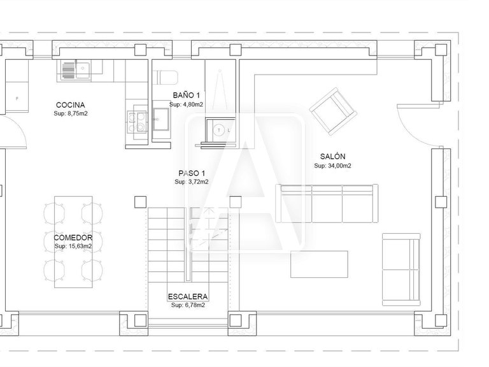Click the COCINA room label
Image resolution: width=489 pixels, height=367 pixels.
[70, 105]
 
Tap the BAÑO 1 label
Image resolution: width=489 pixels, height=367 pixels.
[186, 96]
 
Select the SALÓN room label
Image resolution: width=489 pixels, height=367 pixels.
[333, 157]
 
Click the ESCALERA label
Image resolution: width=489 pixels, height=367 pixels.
[188, 296]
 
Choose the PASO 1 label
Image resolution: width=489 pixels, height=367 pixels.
[191, 173]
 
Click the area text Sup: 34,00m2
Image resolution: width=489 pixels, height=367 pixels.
[333, 166]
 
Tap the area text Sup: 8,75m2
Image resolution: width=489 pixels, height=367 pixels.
[70, 114]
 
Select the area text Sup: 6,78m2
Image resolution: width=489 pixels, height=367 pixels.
[188, 305]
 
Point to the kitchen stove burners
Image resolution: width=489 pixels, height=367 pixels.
[136, 121]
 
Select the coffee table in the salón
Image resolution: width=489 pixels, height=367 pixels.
[320, 264]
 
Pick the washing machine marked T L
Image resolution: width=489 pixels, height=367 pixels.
[218, 130]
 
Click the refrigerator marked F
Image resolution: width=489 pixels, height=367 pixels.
[17, 97]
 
